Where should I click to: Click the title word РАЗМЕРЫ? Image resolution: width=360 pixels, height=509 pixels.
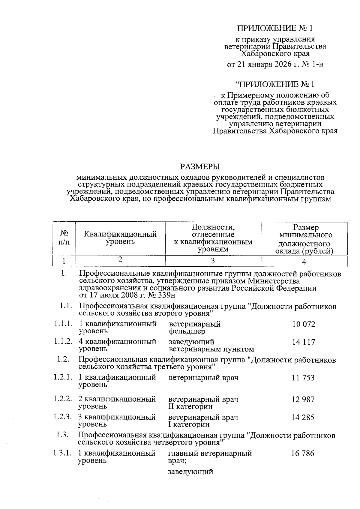[x=200, y=166]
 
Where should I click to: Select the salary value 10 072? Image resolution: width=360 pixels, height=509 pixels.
[x=304, y=324]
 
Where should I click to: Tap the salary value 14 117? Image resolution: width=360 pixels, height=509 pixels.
[x=304, y=342]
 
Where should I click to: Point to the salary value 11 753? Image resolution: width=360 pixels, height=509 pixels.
[x=303, y=378]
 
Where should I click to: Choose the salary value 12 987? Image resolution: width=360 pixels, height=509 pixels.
[x=303, y=400]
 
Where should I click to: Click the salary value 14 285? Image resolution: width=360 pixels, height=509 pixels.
[x=303, y=417]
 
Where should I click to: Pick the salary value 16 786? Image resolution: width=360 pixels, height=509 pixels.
[x=303, y=453]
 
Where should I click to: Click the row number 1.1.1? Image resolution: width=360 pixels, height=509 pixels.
[x=63, y=324]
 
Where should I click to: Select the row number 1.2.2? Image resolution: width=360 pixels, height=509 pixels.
[x=63, y=399]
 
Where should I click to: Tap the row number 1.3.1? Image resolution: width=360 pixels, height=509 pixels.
[x=63, y=453]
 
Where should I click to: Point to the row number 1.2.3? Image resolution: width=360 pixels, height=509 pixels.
[x=63, y=417]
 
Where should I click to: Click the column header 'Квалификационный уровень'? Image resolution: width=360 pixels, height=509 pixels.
[x=120, y=238]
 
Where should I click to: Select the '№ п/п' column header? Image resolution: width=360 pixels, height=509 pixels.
[x=64, y=238]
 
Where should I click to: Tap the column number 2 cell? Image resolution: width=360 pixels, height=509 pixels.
[x=120, y=260]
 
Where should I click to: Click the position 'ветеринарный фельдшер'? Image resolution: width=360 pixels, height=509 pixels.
[x=195, y=328]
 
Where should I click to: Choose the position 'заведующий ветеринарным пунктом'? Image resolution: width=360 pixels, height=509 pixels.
[x=211, y=346]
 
